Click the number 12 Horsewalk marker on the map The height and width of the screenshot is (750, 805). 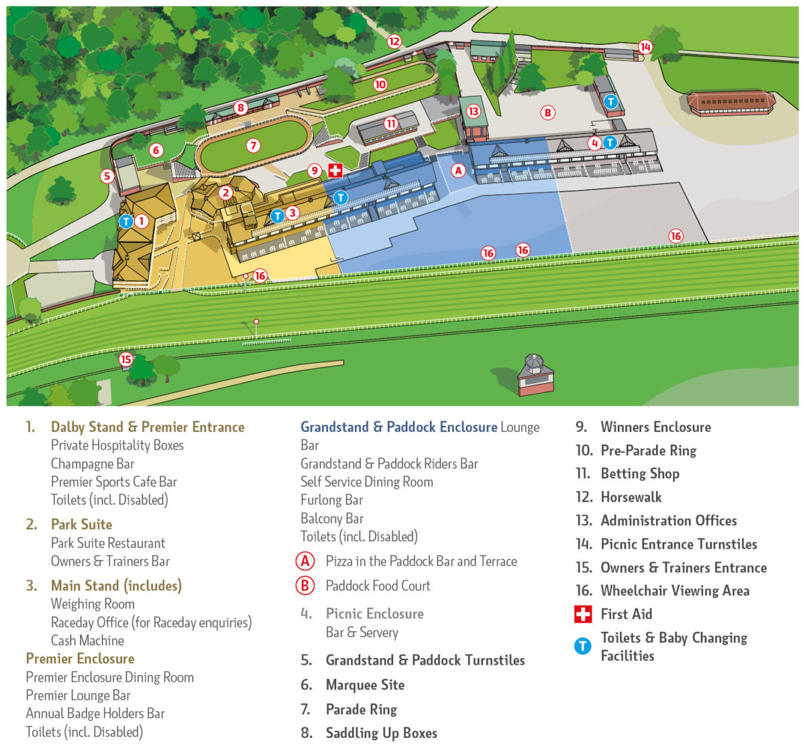(x=394, y=42)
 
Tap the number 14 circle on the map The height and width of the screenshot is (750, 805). (x=645, y=47)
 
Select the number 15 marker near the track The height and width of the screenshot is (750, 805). (x=126, y=359)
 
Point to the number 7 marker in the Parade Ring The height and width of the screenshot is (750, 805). (x=253, y=146)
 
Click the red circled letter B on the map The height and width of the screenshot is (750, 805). (x=548, y=113)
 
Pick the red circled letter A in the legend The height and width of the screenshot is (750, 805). (x=305, y=561)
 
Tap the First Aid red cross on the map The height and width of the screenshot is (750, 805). (x=335, y=170)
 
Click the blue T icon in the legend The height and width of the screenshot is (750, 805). (x=582, y=646)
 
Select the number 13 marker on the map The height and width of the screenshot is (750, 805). (x=474, y=111)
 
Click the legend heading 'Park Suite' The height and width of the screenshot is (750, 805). (x=81, y=525)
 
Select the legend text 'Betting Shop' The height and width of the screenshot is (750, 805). (x=640, y=474)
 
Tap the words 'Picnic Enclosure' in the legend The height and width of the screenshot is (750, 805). (x=374, y=614)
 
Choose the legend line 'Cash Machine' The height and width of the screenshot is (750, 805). (x=87, y=641)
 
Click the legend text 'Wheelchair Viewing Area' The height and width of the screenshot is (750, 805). (x=675, y=591)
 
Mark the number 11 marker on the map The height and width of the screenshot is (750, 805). (x=391, y=123)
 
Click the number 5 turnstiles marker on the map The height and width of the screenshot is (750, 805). (x=107, y=176)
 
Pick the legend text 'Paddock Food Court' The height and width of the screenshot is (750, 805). (x=378, y=586)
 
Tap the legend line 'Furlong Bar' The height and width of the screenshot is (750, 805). (x=331, y=500)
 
